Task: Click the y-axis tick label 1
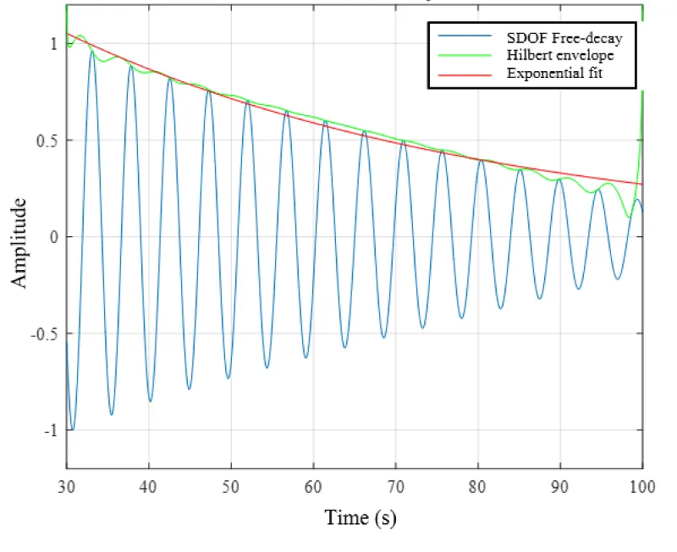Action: point(52,43)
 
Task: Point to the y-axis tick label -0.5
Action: point(43,334)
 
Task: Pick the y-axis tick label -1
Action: point(50,430)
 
